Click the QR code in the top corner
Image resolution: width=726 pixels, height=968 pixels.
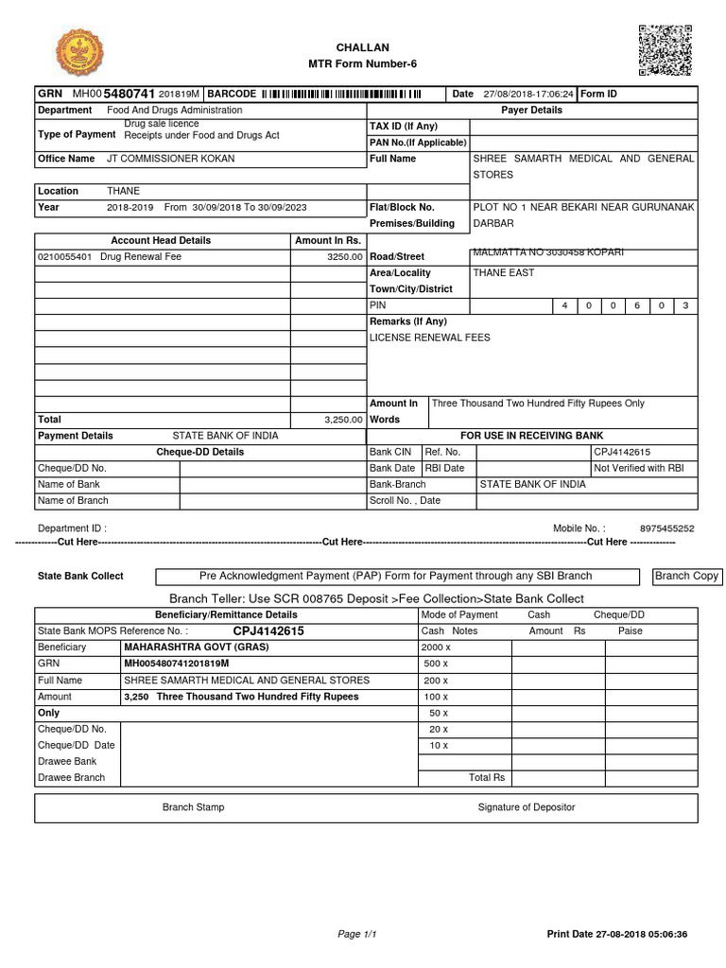pyautogui.click(x=665, y=50)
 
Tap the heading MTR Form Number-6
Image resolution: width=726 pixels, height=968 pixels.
pyautogui.click(x=362, y=63)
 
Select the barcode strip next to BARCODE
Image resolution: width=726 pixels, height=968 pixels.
pyautogui.click(x=341, y=94)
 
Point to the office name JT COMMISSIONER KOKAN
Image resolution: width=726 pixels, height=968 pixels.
pyautogui.click(x=170, y=159)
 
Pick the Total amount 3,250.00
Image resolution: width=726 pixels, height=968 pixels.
pyautogui.click(x=343, y=419)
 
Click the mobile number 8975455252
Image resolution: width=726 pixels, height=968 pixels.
pyautogui.click(x=666, y=528)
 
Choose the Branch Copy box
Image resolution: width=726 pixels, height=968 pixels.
pyautogui.click(x=686, y=576)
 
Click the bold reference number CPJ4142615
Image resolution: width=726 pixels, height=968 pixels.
pyautogui.click(x=268, y=631)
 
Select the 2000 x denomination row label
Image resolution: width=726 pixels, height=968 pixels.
pyautogui.click(x=436, y=648)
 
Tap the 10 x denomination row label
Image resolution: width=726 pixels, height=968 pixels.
pyautogui.click(x=438, y=745)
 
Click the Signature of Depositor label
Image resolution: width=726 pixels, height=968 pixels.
pyautogui.click(x=526, y=807)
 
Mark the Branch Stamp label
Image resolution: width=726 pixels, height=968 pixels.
pyautogui.click(x=193, y=807)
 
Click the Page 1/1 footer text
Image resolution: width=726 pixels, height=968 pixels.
pyautogui.click(x=357, y=934)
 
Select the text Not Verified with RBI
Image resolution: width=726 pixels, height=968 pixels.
pyautogui.click(x=638, y=468)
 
